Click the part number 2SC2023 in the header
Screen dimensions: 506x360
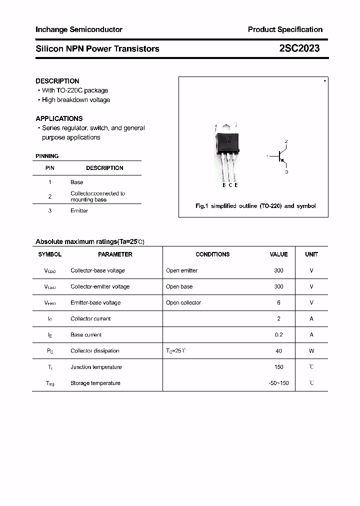(x=299, y=48)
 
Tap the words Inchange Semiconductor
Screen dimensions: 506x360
(x=79, y=29)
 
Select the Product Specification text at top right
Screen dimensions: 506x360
(x=285, y=29)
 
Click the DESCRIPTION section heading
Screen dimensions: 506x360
(x=57, y=81)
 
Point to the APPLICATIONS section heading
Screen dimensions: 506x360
(x=59, y=118)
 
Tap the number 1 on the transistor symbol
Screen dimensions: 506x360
(x=267, y=156)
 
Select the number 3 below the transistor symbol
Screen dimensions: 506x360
(x=286, y=172)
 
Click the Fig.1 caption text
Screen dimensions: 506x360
(x=255, y=206)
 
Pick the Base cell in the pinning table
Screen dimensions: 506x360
(x=77, y=182)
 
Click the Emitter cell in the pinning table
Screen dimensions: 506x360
(x=79, y=211)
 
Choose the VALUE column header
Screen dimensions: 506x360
(x=278, y=254)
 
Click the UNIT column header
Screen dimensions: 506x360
(x=311, y=254)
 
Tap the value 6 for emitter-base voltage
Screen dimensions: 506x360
(x=278, y=302)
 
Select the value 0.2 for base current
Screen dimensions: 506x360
(x=278, y=335)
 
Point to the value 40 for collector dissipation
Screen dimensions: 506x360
(x=278, y=351)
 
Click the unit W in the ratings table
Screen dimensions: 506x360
(x=311, y=351)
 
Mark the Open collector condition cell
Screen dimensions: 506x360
(x=183, y=302)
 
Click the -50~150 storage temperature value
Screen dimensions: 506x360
(x=278, y=383)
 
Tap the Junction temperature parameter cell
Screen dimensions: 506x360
(x=96, y=367)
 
